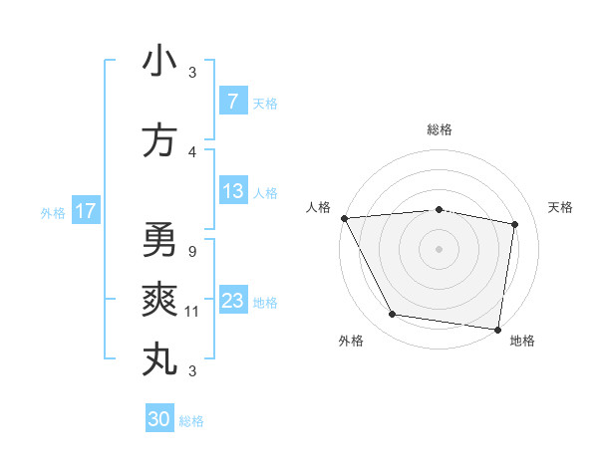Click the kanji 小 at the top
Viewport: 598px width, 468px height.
tap(159, 61)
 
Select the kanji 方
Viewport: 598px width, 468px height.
tap(159, 140)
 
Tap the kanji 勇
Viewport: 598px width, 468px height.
tap(159, 240)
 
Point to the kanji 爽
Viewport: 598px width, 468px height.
tap(159, 300)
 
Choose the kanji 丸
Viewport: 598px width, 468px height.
tap(159, 359)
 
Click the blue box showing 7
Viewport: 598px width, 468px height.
tap(232, 101)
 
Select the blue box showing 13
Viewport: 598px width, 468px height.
tap(232, 191)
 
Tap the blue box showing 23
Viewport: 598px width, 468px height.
tap(232, 301)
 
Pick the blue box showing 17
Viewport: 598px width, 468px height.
tap(85, 211)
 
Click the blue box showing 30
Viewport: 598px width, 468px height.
tap(158, 419)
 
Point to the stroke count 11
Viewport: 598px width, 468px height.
tap(192, 311)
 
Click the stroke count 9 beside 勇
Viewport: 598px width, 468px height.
tap(190, 251)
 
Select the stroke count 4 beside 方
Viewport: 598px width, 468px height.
tap(192, 151)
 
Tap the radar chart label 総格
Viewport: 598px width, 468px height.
tap(440, 130)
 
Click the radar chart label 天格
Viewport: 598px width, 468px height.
tap(560, 207)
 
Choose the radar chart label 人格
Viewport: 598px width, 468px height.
tap(319, 207)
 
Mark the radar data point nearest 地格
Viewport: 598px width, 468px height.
tap(498, 329)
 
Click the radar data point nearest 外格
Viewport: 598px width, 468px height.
tap(393, 315)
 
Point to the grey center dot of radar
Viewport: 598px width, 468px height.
tap(439, 248)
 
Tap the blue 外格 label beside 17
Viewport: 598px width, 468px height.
tap(52, 212)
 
